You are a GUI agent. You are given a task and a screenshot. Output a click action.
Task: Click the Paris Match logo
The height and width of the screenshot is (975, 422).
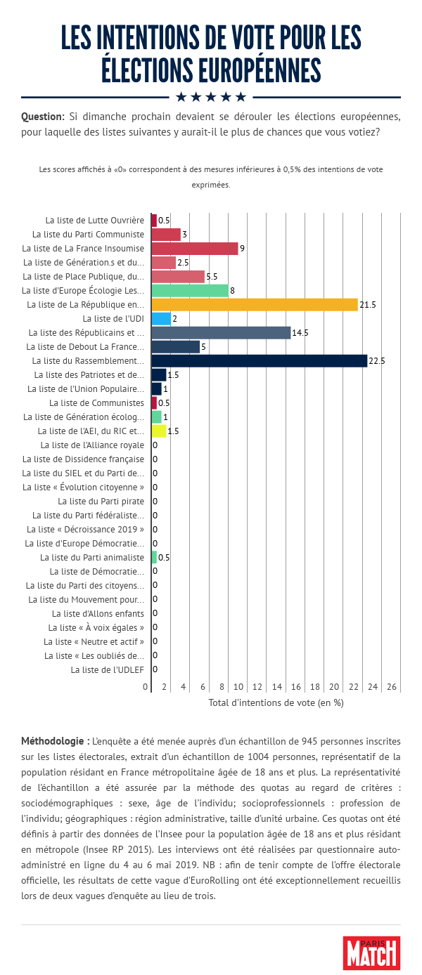[371, 953]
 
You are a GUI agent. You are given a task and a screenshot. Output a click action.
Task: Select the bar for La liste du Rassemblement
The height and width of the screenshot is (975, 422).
[259, 361]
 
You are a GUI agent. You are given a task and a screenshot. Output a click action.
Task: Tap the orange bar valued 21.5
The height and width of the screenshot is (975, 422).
[255, 305]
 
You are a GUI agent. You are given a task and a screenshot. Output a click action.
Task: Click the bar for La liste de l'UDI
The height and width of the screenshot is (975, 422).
[161, 319]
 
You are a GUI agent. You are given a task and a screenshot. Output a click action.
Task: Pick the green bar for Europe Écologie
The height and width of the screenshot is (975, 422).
[190, 291]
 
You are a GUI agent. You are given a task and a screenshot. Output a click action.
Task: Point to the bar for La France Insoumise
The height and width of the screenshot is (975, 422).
[195, 249]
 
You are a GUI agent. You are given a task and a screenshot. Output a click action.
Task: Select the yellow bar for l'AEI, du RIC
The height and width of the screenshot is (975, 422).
[159, 431]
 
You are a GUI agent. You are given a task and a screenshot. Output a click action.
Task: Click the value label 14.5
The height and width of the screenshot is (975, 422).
[300, 333]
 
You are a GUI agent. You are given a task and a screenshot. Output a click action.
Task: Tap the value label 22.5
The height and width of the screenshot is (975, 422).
[377, 361]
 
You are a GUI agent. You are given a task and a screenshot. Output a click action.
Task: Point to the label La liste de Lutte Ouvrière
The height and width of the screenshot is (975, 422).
[94, 221]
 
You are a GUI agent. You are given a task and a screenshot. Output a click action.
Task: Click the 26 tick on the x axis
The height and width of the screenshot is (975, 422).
[392, 686]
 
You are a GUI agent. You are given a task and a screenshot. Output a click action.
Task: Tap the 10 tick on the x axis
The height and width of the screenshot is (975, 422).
[238, 686]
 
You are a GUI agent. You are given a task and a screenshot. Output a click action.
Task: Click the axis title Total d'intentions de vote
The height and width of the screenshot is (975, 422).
[276, 702]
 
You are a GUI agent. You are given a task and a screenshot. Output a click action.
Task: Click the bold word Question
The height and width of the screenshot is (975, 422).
[43, 116]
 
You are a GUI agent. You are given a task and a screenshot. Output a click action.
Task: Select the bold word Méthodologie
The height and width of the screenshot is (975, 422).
[55, 741]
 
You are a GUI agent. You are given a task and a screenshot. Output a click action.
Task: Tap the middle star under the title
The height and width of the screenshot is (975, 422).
[211, 96]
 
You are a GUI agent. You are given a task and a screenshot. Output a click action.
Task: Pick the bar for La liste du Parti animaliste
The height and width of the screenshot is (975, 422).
[154, 558]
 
